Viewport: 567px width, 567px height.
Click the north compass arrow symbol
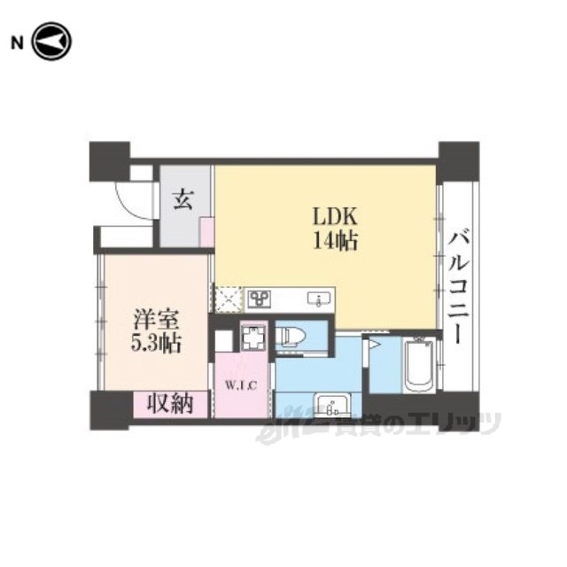[51, 42]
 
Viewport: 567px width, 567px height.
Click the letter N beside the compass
[17, 43]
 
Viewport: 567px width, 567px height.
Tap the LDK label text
[335, 217]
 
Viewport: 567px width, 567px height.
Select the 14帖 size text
[335, 240]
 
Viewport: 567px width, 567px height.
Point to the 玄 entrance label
[183, 199]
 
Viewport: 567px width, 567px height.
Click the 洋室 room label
[156, 319]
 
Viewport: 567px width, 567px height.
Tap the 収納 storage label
[170, 403]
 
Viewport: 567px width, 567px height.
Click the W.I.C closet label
[241, 385]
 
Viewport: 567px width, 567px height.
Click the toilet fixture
[291, 336]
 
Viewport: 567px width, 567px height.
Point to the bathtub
[419, 365]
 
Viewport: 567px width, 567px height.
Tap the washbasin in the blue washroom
[333, 406]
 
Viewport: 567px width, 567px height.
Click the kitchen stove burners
[260, 299]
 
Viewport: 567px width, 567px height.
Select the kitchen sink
[319, 299]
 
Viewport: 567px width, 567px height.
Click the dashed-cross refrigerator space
[228, 299]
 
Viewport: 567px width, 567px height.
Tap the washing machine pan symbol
[253, 338]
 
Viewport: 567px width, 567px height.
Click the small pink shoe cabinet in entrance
[206, 232]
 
